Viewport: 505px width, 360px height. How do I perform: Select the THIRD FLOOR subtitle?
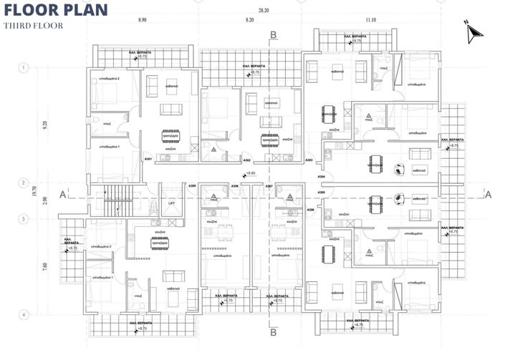(33, 26)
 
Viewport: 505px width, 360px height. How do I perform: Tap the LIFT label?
(172, 204)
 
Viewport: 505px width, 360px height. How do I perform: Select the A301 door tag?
(148, 158)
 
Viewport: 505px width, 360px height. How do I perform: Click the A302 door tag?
(247, 160)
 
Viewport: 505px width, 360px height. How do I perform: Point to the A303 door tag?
(309, 160)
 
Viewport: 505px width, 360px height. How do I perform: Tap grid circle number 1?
(25, 68)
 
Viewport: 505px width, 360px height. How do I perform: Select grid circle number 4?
(25, 314)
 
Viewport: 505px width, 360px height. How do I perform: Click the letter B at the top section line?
(274, 34)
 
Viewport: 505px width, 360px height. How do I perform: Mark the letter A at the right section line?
(489, 193)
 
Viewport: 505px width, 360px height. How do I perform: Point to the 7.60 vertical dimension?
(44, 266)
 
